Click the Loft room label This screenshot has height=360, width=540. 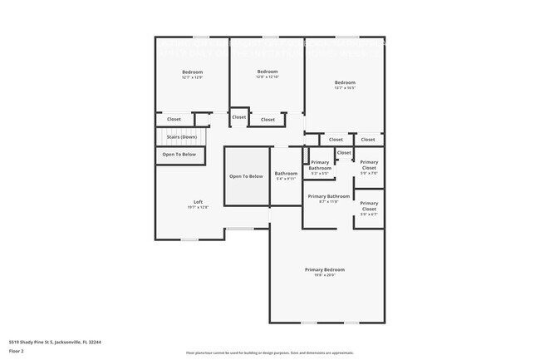[198, 202]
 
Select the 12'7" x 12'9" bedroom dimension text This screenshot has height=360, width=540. [193, 77]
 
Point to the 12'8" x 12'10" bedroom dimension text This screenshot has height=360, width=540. [268, 77]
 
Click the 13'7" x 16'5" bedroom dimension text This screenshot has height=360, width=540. [345, 87]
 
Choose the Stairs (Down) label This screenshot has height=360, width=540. [182, 136]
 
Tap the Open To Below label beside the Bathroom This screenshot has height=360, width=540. [246, 176]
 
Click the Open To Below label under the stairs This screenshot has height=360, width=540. [179, 155]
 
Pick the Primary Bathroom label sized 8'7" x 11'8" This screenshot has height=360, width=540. [328, 196]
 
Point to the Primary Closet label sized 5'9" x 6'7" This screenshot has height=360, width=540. [369, 206]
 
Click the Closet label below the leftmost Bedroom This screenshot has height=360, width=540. [174, 120]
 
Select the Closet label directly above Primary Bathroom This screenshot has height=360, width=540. [344, 153]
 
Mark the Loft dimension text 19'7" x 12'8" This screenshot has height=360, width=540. [198, 208]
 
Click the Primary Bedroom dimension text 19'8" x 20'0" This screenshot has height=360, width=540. [324, 275]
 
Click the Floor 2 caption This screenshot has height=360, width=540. [17, 351]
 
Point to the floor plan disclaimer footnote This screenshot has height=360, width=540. [269, 353]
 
